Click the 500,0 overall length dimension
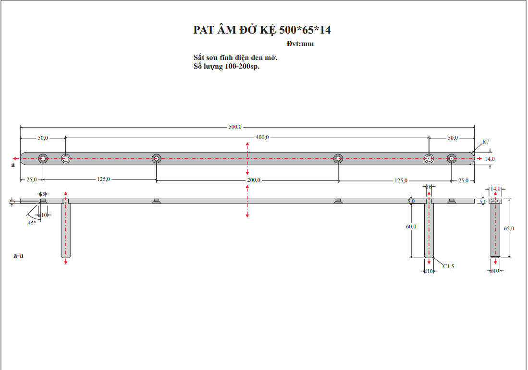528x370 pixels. (x=235, y=127)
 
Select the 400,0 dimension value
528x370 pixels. (x=262, y=138)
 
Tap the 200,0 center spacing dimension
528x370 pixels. (x=253, y=180)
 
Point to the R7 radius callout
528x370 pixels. (x=485, y=142)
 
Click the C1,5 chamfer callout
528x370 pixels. (x=448, y=266)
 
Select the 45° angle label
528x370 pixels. (x=32, y=223)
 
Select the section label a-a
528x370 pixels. (x=18, y=255)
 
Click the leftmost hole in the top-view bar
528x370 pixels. (x=43, y=158)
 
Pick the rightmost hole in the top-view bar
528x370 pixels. (x=452, y=158)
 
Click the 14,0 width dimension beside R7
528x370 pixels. (x=490, y=158)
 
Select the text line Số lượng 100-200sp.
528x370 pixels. (x=226, y=67)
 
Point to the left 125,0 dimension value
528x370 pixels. (x=103, y=179)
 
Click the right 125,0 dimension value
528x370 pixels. (x=401, y=180)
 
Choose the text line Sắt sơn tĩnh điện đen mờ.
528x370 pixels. (x=235, y=58)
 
